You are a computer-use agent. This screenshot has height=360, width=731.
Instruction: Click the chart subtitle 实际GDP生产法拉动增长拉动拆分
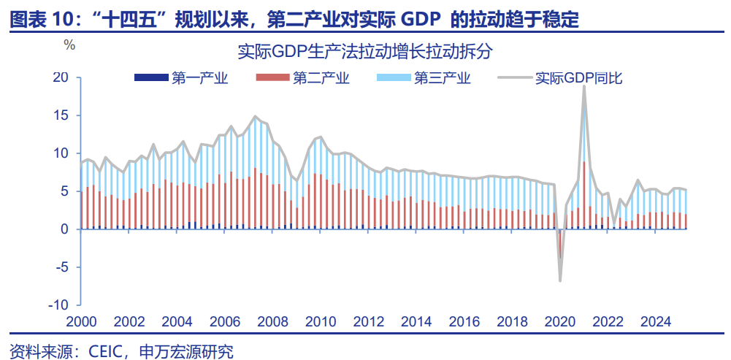click(365, 53)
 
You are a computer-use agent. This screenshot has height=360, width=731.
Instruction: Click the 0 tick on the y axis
click(65, 229)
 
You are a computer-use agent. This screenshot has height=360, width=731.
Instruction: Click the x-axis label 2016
click(465, 322)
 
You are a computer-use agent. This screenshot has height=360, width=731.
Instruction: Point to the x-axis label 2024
click(657, 322)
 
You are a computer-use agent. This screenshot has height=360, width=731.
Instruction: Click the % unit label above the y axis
click(69, 45)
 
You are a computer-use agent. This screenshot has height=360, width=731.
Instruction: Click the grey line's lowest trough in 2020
click(560, 280)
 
